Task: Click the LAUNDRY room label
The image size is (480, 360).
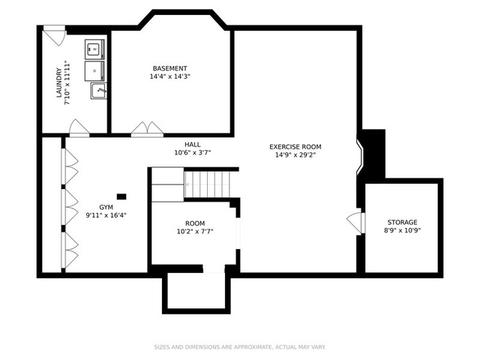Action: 59,83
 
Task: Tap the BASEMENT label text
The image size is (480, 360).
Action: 170,68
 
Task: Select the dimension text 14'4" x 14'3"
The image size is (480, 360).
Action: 170,76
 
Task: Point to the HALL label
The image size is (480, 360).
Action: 193,144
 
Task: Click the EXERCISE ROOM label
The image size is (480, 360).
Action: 295,147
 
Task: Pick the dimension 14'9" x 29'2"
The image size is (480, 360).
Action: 295,155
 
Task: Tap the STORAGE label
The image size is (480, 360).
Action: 402,222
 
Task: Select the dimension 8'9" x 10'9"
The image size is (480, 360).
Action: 402,230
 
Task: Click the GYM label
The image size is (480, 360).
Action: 106,207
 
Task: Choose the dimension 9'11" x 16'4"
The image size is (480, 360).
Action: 106,215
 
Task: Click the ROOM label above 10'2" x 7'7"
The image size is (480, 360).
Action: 195,223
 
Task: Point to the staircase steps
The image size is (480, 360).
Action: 207,184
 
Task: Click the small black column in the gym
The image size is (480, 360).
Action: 121,197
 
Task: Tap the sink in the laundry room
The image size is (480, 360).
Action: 98,91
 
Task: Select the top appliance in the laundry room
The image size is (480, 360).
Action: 95,50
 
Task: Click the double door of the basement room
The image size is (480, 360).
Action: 147,129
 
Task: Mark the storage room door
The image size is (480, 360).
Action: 355,221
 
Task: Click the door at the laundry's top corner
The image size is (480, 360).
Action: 54,35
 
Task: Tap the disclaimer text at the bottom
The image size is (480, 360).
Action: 240,347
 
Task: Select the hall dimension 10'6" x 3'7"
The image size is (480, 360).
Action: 193,153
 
